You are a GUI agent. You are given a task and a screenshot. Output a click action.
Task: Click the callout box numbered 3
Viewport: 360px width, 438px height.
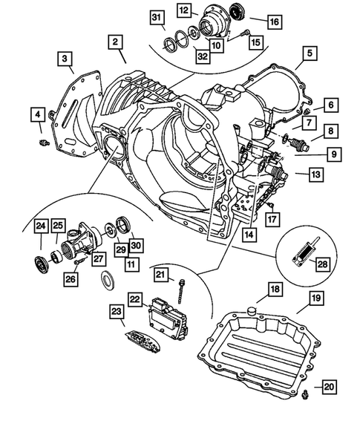pos(66,58)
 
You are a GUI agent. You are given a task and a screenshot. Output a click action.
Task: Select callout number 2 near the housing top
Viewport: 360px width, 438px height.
pos(116,44)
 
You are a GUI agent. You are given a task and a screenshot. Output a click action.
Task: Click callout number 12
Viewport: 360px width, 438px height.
pos(183,10)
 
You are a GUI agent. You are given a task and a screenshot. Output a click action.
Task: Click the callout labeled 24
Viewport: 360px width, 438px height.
pos(39,226)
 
